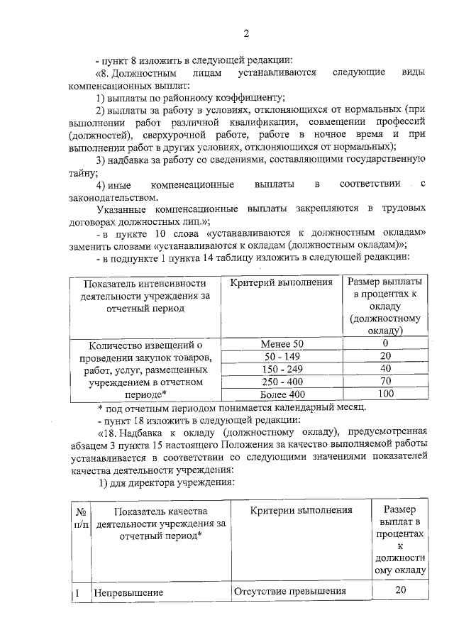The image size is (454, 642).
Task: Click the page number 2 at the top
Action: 246,33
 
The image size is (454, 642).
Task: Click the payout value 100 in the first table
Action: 386,394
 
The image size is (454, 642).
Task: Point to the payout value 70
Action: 386,381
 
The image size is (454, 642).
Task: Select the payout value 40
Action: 386,369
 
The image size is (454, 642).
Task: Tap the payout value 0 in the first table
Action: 386,343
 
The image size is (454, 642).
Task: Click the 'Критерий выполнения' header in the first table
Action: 282,282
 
